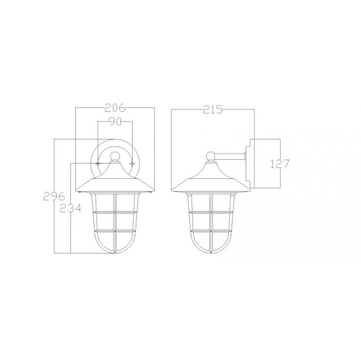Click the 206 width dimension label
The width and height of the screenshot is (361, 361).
pos(115,108)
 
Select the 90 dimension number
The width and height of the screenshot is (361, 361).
pos(115,122)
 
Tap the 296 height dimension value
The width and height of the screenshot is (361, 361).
pos(54,196)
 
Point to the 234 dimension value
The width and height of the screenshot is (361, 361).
pos(70,208)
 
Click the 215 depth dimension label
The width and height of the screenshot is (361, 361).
pos(213,109)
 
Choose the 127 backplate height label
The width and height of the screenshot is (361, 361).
pos(280,164)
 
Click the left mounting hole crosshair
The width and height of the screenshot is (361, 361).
pos(98,164)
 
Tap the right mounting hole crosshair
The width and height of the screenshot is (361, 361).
pos(132,164)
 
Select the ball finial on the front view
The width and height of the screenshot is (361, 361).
pos(115,156)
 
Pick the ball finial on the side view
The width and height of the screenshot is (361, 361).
pos(211,156)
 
